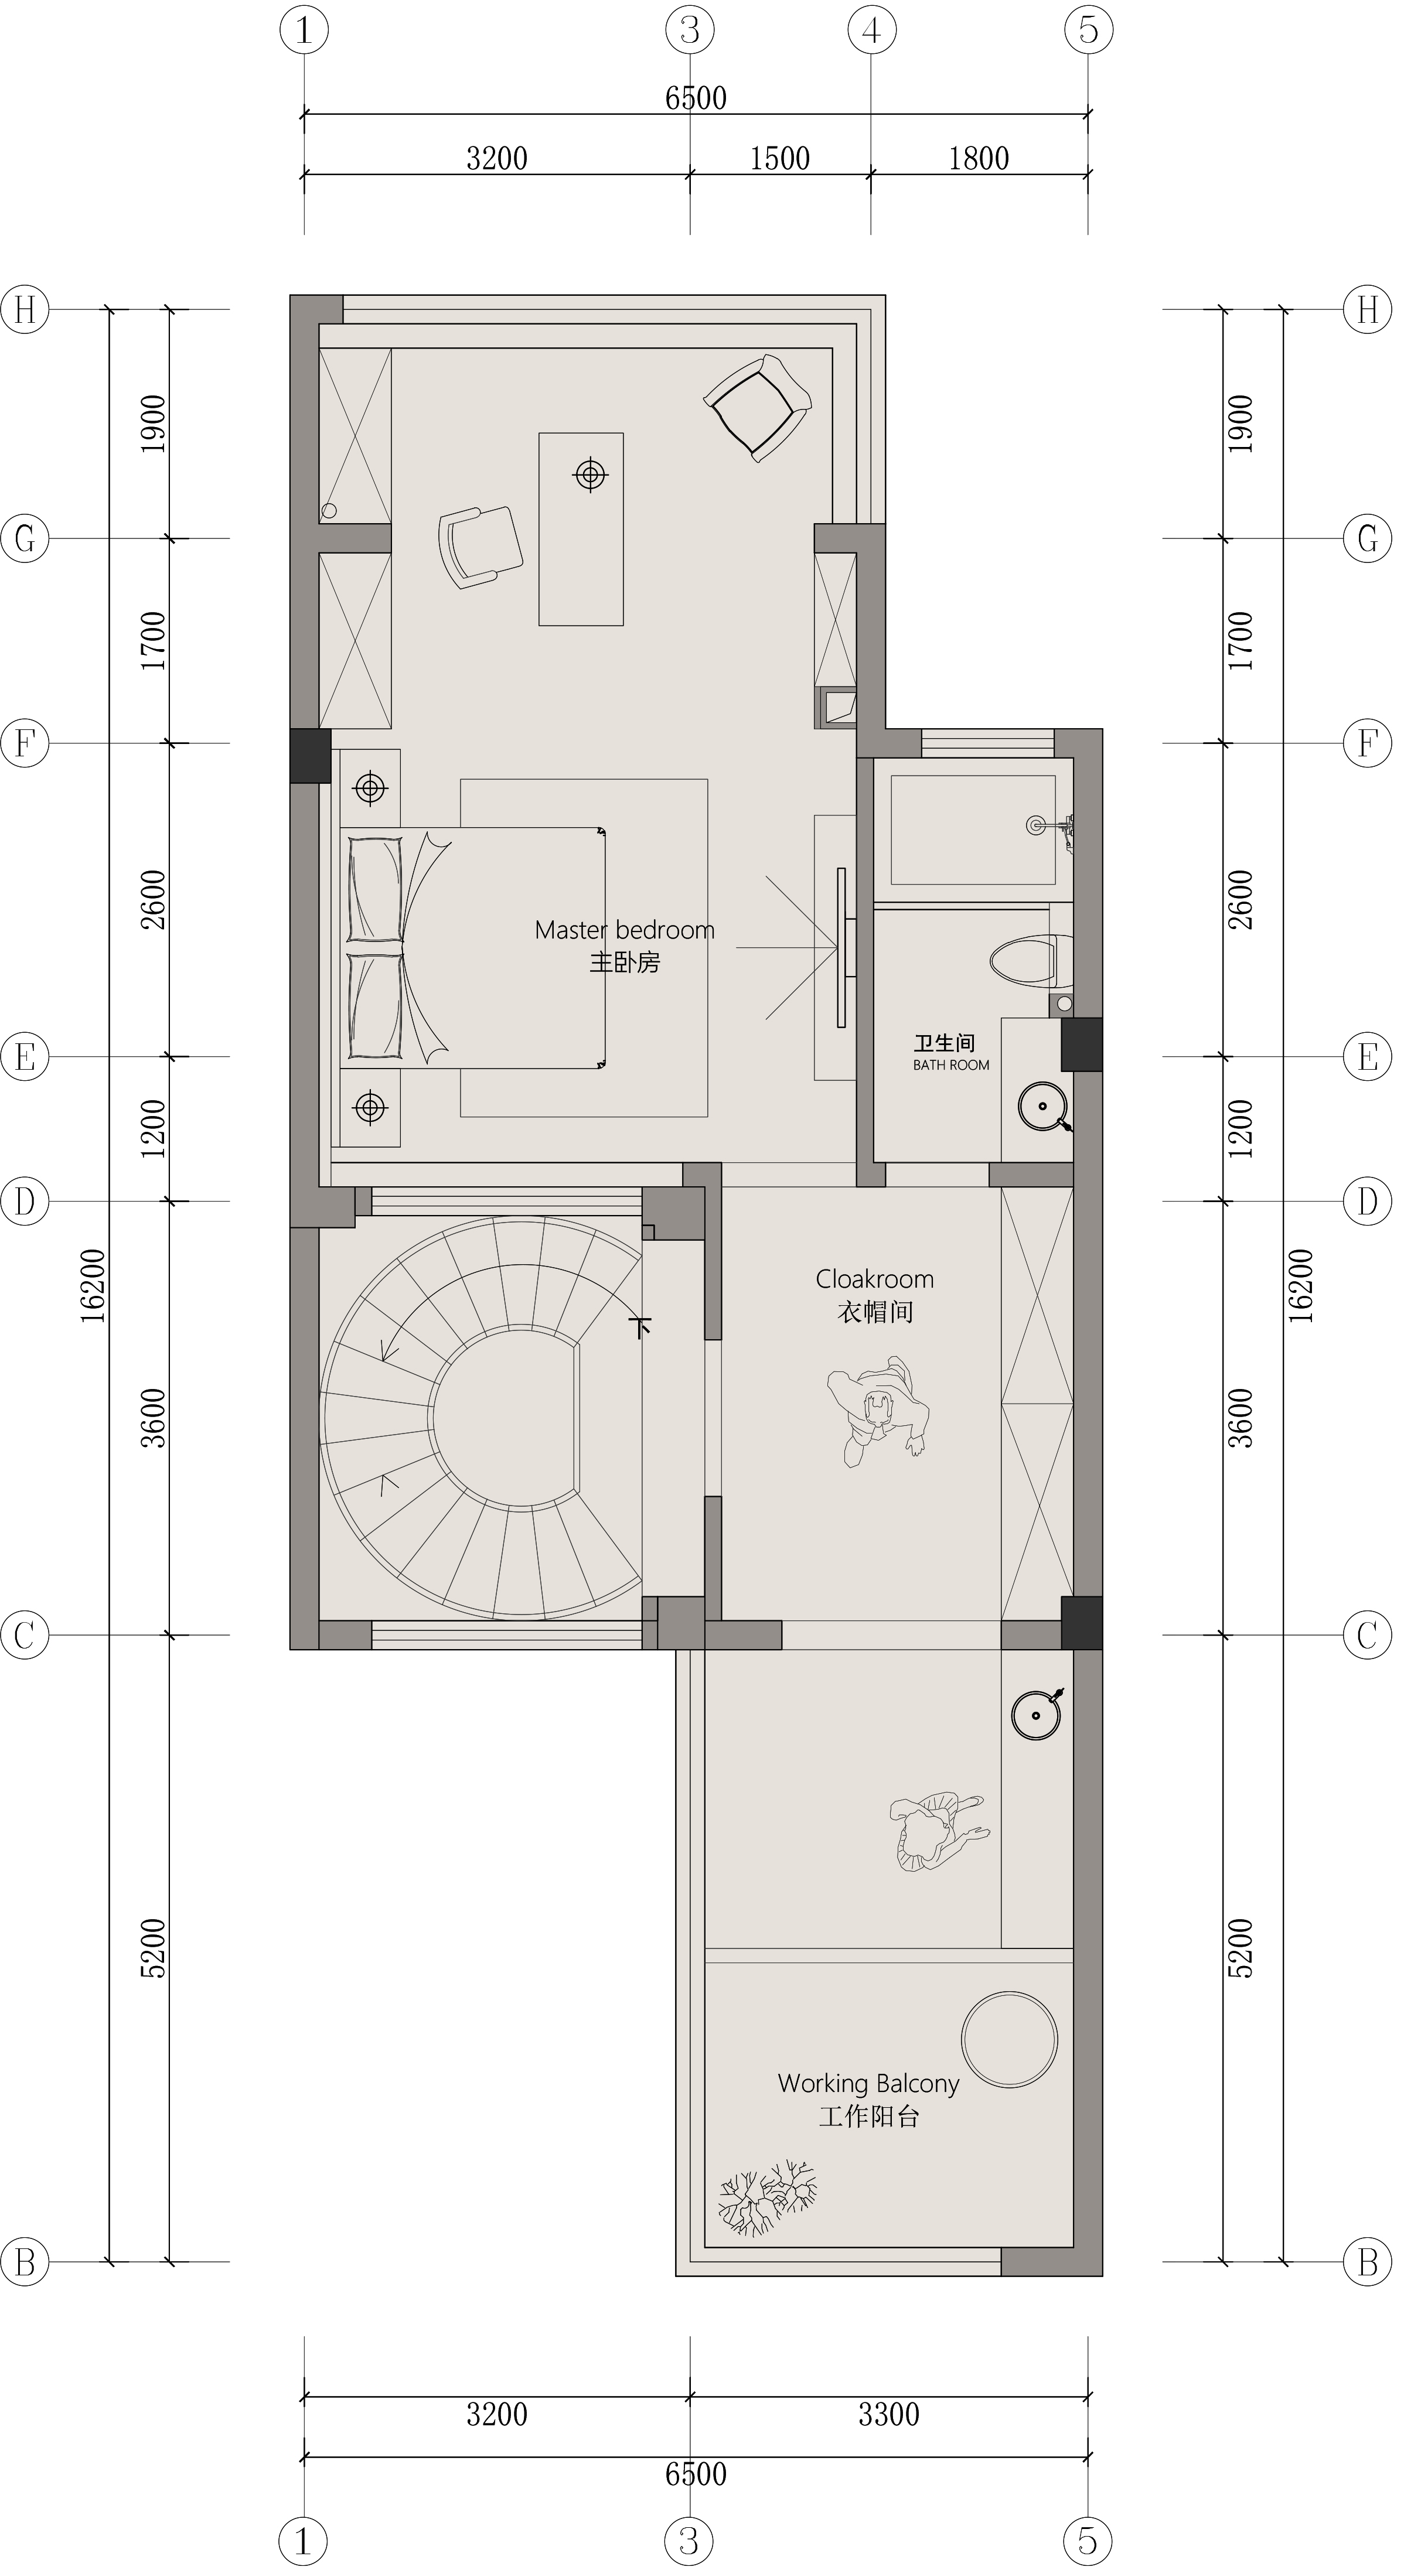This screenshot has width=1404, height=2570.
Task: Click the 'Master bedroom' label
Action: [625, 930]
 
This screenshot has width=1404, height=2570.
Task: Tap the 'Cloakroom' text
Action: [875, 1279]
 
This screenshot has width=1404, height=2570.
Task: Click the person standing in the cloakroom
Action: [878, 1409]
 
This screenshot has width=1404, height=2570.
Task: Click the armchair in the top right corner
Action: [758, 407]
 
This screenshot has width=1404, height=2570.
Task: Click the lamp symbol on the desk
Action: [591, 475]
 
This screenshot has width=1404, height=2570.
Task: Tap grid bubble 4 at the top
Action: [871, 31]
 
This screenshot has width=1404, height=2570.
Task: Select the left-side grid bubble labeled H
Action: [25, 310]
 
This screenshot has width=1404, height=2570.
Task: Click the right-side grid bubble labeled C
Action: [1367, 1635]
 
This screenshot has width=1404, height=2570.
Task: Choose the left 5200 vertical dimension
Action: [154, 1947]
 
